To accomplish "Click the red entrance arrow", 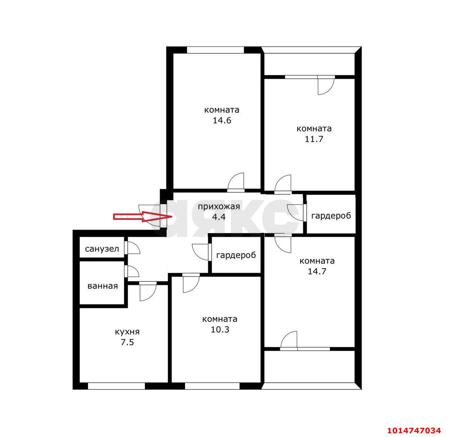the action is tap(142, 216).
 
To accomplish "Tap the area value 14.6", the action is tap(222, 120).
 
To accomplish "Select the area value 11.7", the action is tap(314, 139).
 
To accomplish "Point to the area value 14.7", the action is tap(317, 271).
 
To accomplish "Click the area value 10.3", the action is tap(220, 330).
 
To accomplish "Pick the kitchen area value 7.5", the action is tap(127, 342).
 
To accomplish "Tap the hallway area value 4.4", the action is tap(219, 217).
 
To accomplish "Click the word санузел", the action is tap(102, 249).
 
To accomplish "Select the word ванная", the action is tap(103, 286).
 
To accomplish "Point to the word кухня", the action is tap(127, 332).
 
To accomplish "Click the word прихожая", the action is tap(219, 206).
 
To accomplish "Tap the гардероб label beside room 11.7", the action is tap(331, 216).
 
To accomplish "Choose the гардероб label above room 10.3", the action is tap(236, 255).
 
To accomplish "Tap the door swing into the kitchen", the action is tap(148, 292).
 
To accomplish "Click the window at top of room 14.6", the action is tap(215, 50).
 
